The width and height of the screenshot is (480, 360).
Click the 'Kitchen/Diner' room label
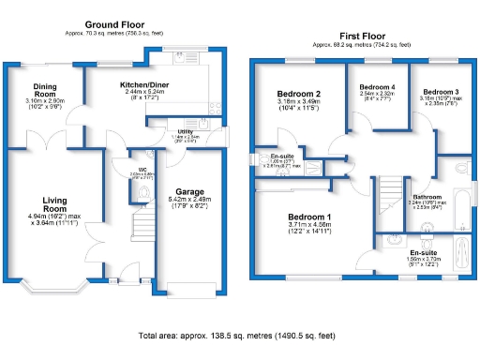143,85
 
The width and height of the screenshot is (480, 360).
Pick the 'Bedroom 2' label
299,95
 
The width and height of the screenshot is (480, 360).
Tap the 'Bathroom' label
427,196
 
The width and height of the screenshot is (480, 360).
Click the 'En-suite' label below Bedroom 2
281,156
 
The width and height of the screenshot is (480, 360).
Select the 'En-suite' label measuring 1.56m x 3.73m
422,253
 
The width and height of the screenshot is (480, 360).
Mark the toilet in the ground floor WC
142,192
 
